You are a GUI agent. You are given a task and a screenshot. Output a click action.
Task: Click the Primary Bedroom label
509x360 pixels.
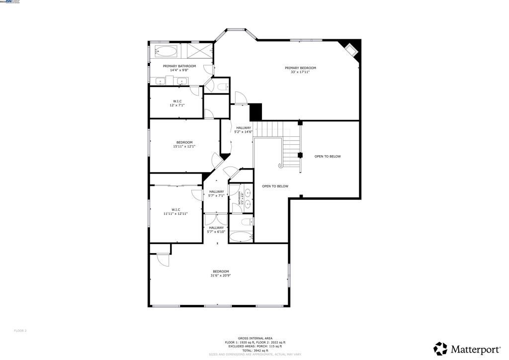click(300, 68)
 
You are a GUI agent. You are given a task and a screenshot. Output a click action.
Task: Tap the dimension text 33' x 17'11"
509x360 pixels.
click(300, 72)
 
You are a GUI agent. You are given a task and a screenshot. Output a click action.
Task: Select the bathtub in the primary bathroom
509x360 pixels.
click(166, 51)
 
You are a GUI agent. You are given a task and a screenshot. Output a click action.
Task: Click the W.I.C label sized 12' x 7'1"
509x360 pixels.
click(177, 101)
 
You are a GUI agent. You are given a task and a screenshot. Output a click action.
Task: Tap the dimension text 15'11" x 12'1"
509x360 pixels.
click(184, 146)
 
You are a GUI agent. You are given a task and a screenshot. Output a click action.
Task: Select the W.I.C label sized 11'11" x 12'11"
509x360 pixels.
click(175, 209)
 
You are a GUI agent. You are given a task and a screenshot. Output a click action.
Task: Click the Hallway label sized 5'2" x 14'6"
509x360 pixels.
click(244, 128)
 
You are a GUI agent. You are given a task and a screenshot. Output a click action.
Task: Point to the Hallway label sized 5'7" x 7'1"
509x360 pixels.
click(216, 191)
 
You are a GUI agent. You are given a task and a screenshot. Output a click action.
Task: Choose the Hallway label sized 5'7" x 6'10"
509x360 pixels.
click(216, 227)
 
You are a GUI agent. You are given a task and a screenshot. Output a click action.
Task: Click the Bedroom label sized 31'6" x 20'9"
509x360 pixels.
click(221, 271)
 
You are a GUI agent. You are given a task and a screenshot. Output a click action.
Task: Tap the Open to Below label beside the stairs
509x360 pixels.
click(328, 156)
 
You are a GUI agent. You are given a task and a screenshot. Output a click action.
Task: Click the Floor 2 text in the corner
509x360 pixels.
click(20, 331)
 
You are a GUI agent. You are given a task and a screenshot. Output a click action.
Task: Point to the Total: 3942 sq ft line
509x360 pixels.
click(254, 351)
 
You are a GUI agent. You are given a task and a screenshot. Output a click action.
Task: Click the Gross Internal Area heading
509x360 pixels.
click(254, 338)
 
